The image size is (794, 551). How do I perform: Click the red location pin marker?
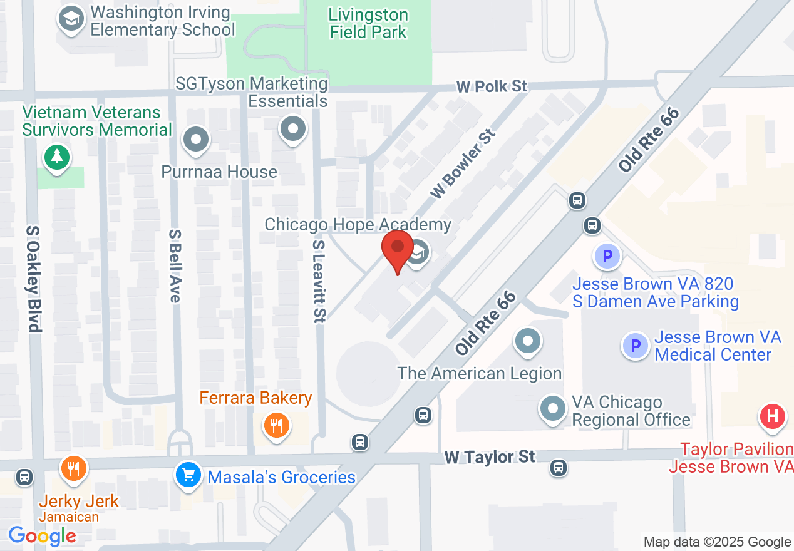(x=398, y=249)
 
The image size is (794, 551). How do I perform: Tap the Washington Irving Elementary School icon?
(x=71, y=19)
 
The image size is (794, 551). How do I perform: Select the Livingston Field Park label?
(x=368, y=23)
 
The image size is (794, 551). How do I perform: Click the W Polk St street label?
(x=492, y=86)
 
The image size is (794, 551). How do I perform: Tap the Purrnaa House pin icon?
(x=197, y=139)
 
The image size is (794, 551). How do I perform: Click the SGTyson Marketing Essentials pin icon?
(x=292, y=129)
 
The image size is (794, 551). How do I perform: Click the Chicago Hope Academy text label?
(x=358, y=225)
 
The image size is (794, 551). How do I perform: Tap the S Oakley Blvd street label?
(x=33, y=278)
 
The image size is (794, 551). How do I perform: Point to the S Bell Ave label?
(x=175, y=265)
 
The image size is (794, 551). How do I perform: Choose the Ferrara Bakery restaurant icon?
(x=276, y=426)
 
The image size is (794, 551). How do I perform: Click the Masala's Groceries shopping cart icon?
(x=188, y=476)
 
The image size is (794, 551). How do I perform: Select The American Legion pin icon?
(x=527, y=341)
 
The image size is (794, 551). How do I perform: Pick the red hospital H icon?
(x=772, y=416)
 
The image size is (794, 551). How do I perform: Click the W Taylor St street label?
(x=490, y=457)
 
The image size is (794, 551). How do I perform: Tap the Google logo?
(x=42, y=536)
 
